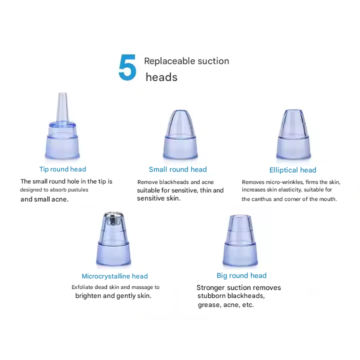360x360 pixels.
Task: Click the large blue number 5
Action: click(127, 67)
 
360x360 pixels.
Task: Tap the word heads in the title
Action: click(161, 77)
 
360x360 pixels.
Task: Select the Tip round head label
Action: click(62, 169)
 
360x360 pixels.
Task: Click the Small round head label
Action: click(177, 169)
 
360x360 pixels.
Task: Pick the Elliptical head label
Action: click(292, 170)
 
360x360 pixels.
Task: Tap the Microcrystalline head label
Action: click(114, 276)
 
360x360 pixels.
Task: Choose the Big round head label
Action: click(241, 275)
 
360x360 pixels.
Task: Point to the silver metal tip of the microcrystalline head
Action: click(113, 218)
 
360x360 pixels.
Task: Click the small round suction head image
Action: click(180, 134)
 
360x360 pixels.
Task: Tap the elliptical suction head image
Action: click(293, 134)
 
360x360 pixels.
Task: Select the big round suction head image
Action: click(240, 240)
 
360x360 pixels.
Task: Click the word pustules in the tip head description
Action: click(78, 190)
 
